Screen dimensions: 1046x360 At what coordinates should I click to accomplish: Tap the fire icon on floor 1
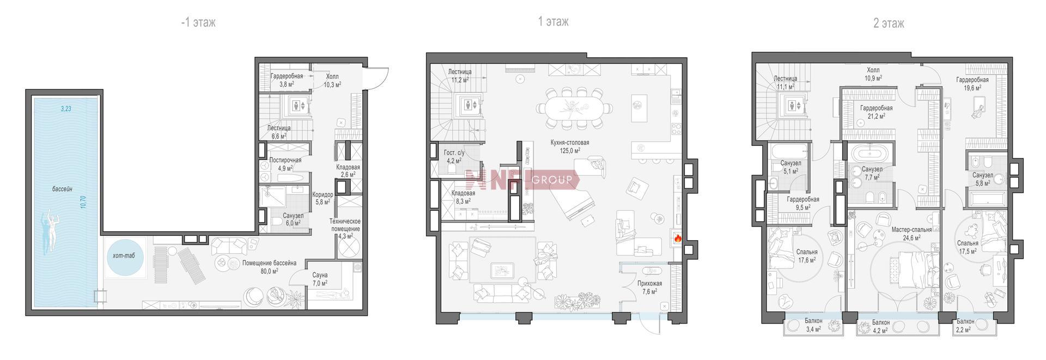pos(678,238)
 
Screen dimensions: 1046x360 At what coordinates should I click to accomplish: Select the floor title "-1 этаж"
pos(198,22)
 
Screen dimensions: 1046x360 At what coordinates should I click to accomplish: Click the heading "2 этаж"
pos(889,23)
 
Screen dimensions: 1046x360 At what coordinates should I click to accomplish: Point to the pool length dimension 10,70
pos(83,202)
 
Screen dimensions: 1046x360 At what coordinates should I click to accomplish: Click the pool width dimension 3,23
pos(65,109)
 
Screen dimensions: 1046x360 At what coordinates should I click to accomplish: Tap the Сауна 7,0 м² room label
pos(320,279)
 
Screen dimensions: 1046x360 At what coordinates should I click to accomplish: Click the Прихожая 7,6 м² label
pos(649,288)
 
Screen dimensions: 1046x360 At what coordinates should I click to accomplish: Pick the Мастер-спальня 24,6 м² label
pos(911,234)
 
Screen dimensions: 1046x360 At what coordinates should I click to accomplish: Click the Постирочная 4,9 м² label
pos(285,164)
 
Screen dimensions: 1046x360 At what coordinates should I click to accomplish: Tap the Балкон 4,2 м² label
pos(880,326)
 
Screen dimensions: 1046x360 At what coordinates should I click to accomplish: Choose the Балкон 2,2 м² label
pos(965,326)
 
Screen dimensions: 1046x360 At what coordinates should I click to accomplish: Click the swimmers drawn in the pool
pos(50,228)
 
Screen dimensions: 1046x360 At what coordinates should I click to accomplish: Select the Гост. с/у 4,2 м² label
pos(453,157)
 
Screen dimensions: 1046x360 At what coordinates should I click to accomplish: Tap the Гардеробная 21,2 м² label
pos(876,112)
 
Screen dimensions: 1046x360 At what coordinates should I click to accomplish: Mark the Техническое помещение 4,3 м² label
pos(344,229)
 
